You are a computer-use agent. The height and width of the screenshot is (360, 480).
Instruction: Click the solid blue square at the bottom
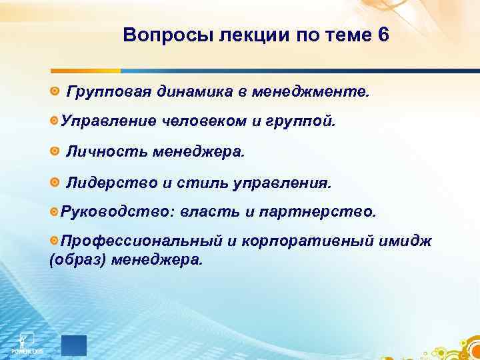coord(74,344)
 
